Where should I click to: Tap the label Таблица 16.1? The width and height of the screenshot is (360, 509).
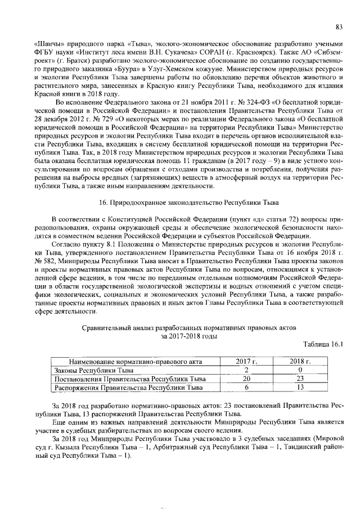[322, 345]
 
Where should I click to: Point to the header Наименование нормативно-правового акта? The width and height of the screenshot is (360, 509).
[135, 361]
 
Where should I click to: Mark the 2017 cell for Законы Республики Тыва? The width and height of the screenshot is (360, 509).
[246, 370]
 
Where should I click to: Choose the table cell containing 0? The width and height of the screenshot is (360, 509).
[300, 370]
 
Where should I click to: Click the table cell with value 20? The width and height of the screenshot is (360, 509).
[246, 379]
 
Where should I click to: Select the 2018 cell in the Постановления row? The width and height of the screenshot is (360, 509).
[300, 379]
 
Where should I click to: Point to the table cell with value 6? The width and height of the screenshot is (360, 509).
[246, 388]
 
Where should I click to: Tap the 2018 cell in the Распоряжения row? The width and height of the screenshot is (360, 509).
[300, 388]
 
